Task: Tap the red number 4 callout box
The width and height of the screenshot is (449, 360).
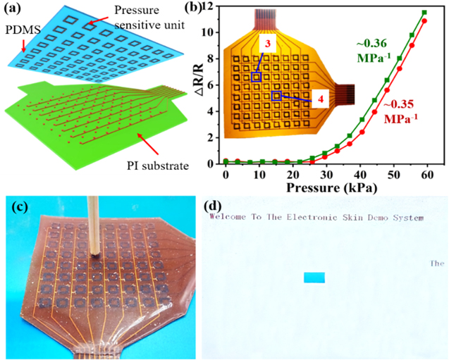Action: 320,99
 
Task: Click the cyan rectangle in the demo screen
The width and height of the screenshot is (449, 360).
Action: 314,277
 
